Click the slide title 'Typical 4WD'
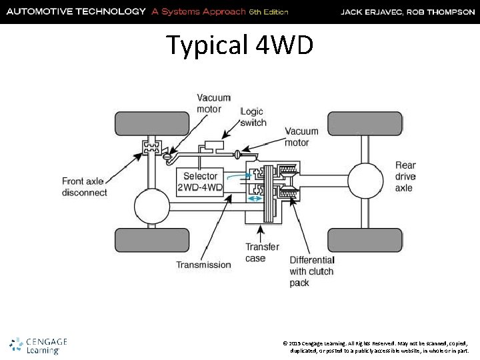click(x=239, y=45)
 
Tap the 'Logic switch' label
click(x=253, y=117)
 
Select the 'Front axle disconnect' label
click(x=85, y=187)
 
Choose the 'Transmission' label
click(x=203, y=265)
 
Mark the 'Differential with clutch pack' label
click(x=312, y=271)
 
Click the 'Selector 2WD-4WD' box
click(x=200, y=182)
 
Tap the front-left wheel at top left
click(x=143, y=123)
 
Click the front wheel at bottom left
click(x=143, y=239)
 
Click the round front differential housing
click(x=153, y=206)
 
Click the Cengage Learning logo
click(x=39, y=345)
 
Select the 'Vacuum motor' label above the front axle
click(x=213, y=103)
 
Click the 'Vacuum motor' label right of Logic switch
click(x=301, y=137)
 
